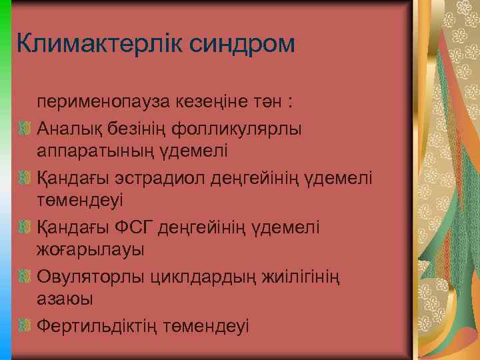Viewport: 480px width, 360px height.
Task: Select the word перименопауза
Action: pos(103,102)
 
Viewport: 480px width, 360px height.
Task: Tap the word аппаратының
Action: pos(93,151)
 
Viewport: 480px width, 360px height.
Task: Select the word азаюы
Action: pos(65,300)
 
